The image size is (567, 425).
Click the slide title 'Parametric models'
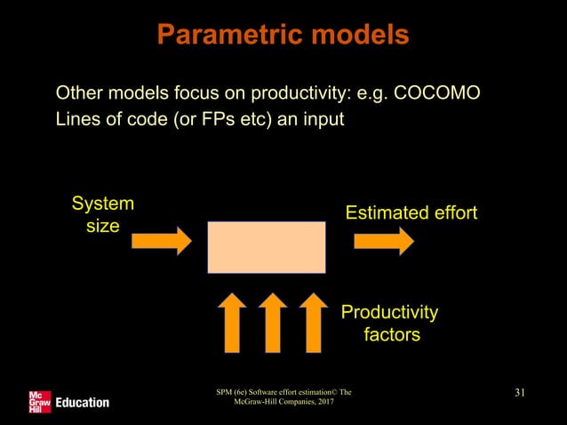click(x=283, y=35)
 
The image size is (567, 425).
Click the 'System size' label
click(x=102, y=214)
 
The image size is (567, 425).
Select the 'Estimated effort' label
click(x=411, y=213)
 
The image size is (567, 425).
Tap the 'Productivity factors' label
click(x=390, y=324)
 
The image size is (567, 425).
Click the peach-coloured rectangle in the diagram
click(x=267, y=247)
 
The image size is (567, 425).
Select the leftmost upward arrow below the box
click(x=232, y=321)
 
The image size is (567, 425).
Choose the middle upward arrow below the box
click(x=272, y=321)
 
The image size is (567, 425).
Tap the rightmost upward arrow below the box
click(x=312, y=321)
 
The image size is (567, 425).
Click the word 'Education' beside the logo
click(x=82, y=403)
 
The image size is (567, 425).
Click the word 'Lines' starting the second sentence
click(x=76, y=119)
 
